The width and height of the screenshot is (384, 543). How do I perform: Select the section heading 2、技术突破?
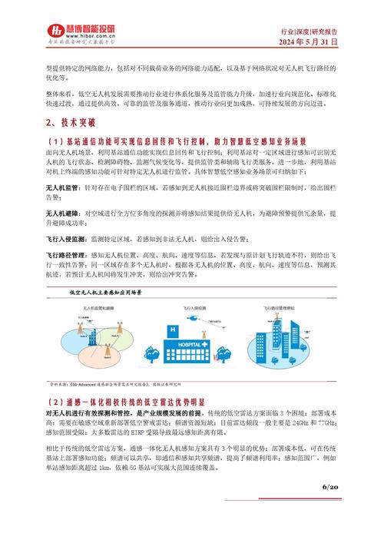coord(71,122)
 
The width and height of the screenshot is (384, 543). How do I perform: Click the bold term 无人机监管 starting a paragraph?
coord(64,187)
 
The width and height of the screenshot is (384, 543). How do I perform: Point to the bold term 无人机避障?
coord(64,213)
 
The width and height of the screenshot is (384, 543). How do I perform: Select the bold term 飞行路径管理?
coord(67,253)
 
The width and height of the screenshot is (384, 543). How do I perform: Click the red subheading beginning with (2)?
coord(126,401)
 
